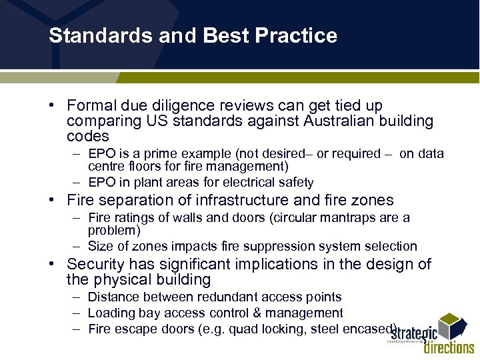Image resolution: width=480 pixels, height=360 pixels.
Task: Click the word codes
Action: coord(88,136)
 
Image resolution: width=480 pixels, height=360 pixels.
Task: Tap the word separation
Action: coord(136,200)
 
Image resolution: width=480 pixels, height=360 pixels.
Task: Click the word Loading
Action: coord(112,313)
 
